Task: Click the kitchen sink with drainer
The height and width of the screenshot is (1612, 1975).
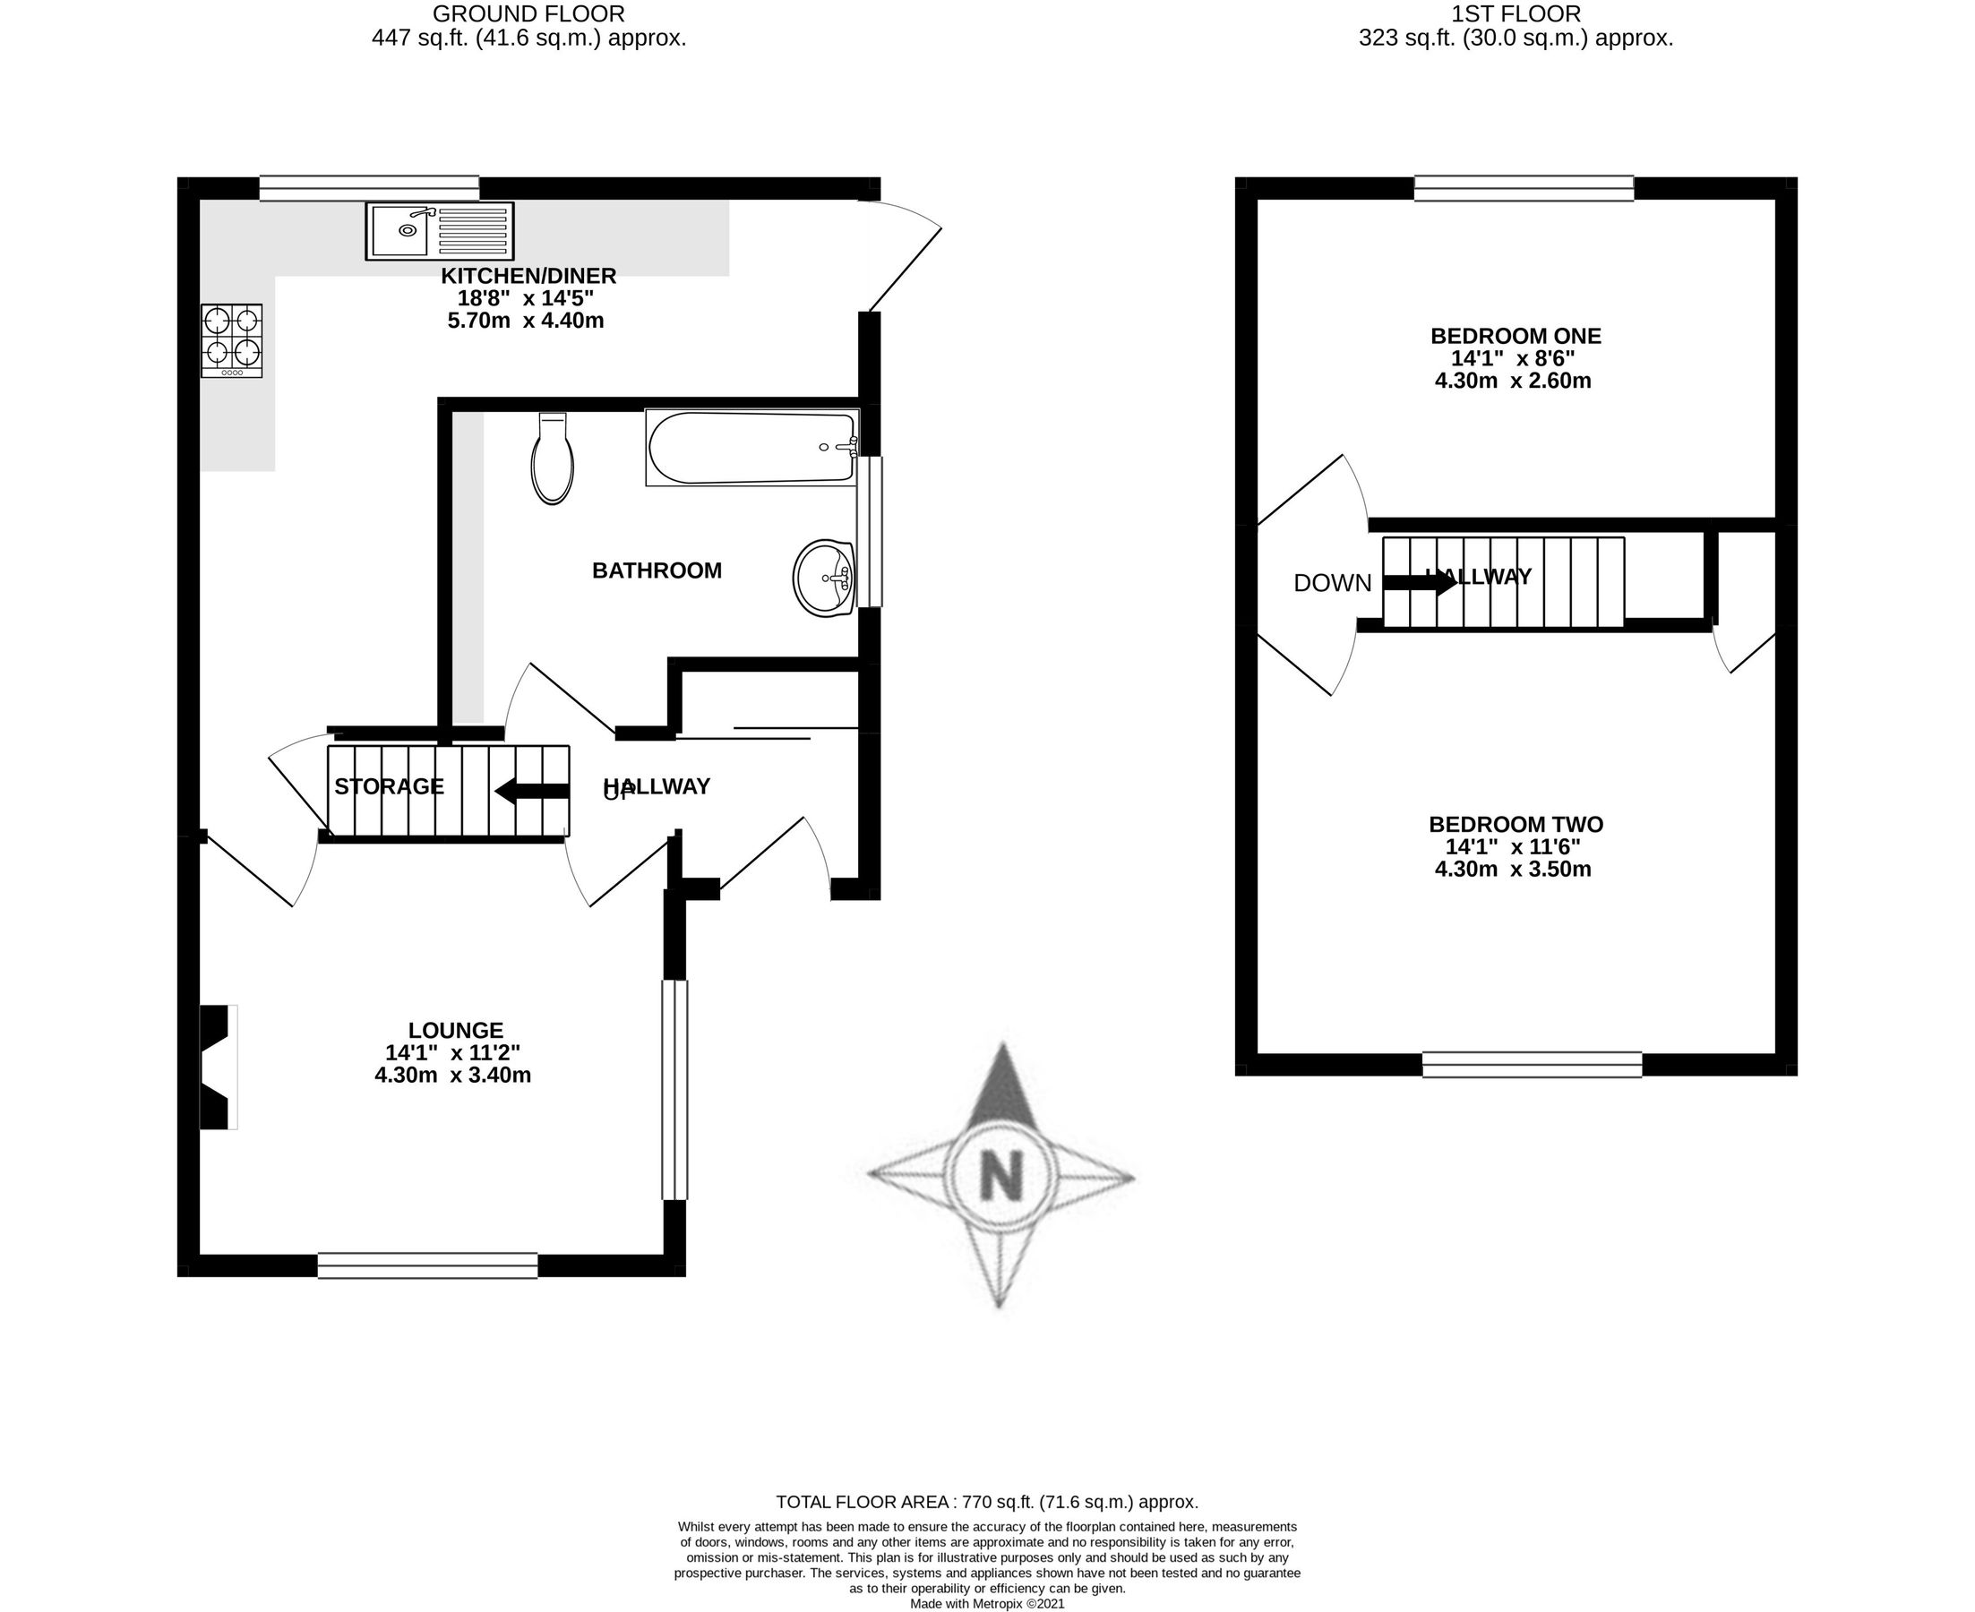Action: (x=439, y=230)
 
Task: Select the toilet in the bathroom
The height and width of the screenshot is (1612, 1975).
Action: (x=552, y=460)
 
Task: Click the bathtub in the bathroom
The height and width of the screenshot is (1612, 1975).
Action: (x=751, y=448)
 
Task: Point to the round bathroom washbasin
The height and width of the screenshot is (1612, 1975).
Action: (x=824, y=578)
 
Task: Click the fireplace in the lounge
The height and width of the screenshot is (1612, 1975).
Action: (x=218, y=1067)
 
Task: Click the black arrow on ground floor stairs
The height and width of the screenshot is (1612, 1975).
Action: (x=531, y=791)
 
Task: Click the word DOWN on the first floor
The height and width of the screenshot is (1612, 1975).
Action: (x=1332, y=583)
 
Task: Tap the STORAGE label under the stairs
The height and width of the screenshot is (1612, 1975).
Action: (x=389, y=786)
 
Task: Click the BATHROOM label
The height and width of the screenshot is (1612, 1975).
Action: (x=657, y=570)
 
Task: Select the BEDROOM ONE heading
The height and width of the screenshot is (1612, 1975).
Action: (x=1516, y=335)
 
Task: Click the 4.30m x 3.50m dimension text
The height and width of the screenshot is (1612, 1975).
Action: (x=1513, y=870)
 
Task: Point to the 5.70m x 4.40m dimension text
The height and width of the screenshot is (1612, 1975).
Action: (x=526, y=322)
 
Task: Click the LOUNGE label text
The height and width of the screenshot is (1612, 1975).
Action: (x=455, y=1030)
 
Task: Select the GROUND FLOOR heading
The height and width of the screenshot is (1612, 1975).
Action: (x=528, y=14)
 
